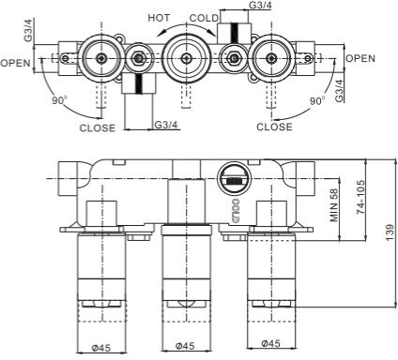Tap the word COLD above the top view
(x=203, y=18)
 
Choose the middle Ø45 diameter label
(x=184, y=348)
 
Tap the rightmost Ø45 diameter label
(x=269, y=348)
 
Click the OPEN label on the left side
(x=16, y=63)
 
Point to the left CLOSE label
(x=98, y=127)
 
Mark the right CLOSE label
(x=274, y=127)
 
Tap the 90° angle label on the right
(x=317, y=99)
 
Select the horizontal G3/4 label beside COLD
(x=262, y=7)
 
